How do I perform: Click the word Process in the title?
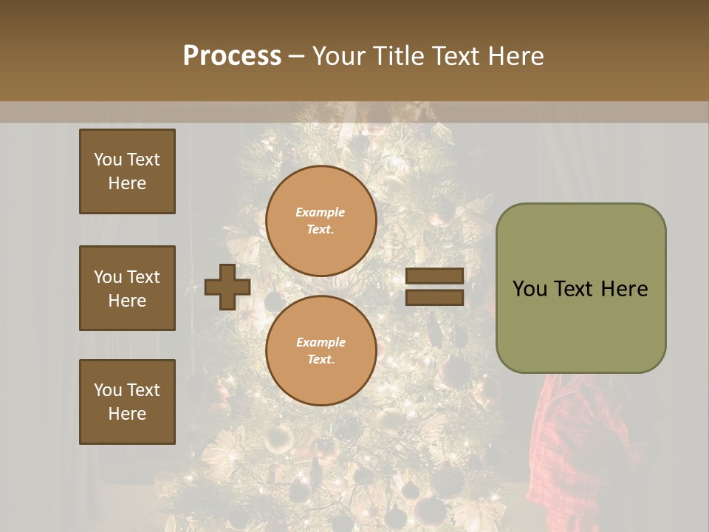[x=232, y=56]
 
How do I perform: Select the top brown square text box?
[x=127, y=171]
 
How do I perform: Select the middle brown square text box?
[x=127, y=288]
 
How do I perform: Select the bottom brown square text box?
[x=127, y=402]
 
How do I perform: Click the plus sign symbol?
[x=227, y=287]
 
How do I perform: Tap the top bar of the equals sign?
[x=434, y=276]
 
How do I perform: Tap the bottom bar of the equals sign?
[x=434, y=297]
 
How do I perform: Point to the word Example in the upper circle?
[x=320, y=212]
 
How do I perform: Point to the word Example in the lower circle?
[x=321, y=342]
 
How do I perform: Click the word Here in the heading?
[x=515, y=56]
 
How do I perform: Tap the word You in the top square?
[x=107, y=160]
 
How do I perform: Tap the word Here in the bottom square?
[x=127, y=414]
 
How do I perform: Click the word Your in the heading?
[x=340, y=56]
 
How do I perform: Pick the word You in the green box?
[x=530, y=289]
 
